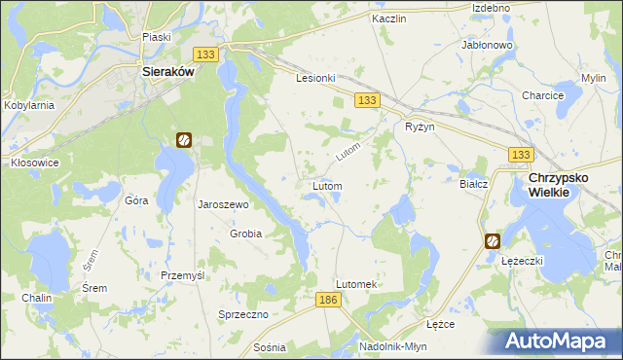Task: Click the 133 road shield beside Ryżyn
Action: (x=367, y=100)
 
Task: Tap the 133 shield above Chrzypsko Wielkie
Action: (x=521, y=155)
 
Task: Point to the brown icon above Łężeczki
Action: (x=493, y=240)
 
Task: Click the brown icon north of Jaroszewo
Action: (x=183, y=139)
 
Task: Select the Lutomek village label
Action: (x=355, y=283)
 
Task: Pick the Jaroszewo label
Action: (x=224, y=205)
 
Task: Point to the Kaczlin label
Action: (x=387, y=18)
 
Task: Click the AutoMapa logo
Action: (x=560, y=341)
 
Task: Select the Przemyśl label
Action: (x=182, y=275)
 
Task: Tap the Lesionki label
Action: (x=315, y=78)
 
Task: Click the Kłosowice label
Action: (x=34, y=162)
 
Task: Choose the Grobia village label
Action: (x=245, y=234)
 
